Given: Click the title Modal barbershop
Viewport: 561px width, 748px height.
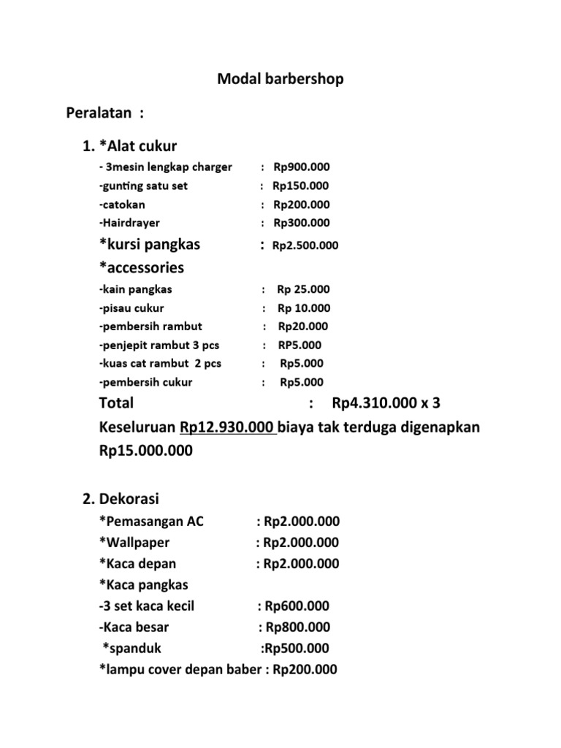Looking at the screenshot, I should pyautogui.click(x=280, y=79).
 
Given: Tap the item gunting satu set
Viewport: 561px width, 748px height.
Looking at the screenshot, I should pyautogui.click(x=144, y=186).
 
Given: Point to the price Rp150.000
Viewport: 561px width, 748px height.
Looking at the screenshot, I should pyautogui.click(x=301, y=186).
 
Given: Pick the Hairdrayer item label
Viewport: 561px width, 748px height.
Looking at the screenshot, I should pyautogui.click(x=129, y=223).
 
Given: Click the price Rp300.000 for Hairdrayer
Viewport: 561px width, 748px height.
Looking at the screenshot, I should pyautogui.click(x=302, y=223).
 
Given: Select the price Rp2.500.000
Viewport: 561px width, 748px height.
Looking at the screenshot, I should pyautogui.click(x=305, y=245).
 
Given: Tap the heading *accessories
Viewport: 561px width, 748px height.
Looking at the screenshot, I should pyautogui.click(x=142, y=267).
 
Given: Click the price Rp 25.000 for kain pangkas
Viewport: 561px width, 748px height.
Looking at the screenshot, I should pyautogui.click(x=304, y=289).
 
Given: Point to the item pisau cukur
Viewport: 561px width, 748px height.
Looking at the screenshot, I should pyautogui.click(x=132, y=308).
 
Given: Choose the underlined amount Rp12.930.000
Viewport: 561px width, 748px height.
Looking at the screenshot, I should pyautogui.click(x=227, y=427).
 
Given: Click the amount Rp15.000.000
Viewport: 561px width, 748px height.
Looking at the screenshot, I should pyautogui.click(x=146, y=451).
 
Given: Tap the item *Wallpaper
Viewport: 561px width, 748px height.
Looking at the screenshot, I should pyautogui.click(x=134, y=543).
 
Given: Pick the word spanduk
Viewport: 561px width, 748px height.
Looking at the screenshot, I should pyautogui.click(x=133, y=648).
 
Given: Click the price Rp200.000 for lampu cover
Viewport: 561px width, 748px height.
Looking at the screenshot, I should pyautogui.click(x=305, y=669).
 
